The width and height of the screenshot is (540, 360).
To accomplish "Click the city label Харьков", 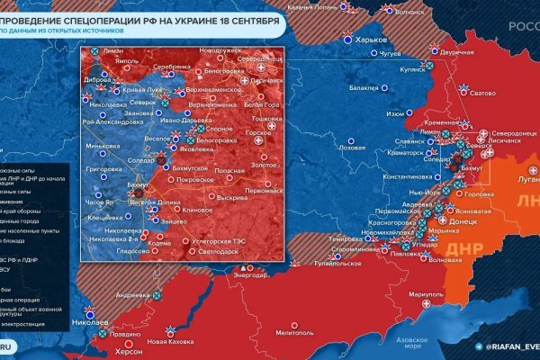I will [372, 40].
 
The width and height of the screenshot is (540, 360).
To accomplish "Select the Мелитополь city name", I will [293, 333].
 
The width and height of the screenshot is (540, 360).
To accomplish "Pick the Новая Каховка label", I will [171, 342].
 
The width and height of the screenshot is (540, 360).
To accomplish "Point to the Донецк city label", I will [463, 220].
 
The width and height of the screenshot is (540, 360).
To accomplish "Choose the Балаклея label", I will [364, 88].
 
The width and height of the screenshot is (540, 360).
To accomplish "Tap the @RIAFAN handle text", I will [511, 344].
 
